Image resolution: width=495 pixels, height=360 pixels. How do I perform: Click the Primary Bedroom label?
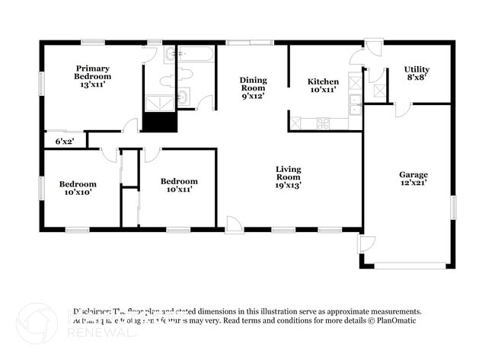pos(92,72)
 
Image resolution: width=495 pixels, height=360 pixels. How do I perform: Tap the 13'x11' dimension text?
pos(92,84)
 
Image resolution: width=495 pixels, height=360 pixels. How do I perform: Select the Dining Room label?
pos(253,84)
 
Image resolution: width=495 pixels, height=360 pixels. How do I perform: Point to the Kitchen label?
pos(323,81)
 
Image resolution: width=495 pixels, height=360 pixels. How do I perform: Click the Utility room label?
pos(417,69)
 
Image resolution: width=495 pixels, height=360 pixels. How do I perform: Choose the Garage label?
pos(414,174)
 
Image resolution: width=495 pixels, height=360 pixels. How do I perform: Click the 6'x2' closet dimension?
pos(65,141)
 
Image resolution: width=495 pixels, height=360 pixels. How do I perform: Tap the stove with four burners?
pos(323,122)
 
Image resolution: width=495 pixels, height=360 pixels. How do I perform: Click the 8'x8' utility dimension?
pos(417,78)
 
